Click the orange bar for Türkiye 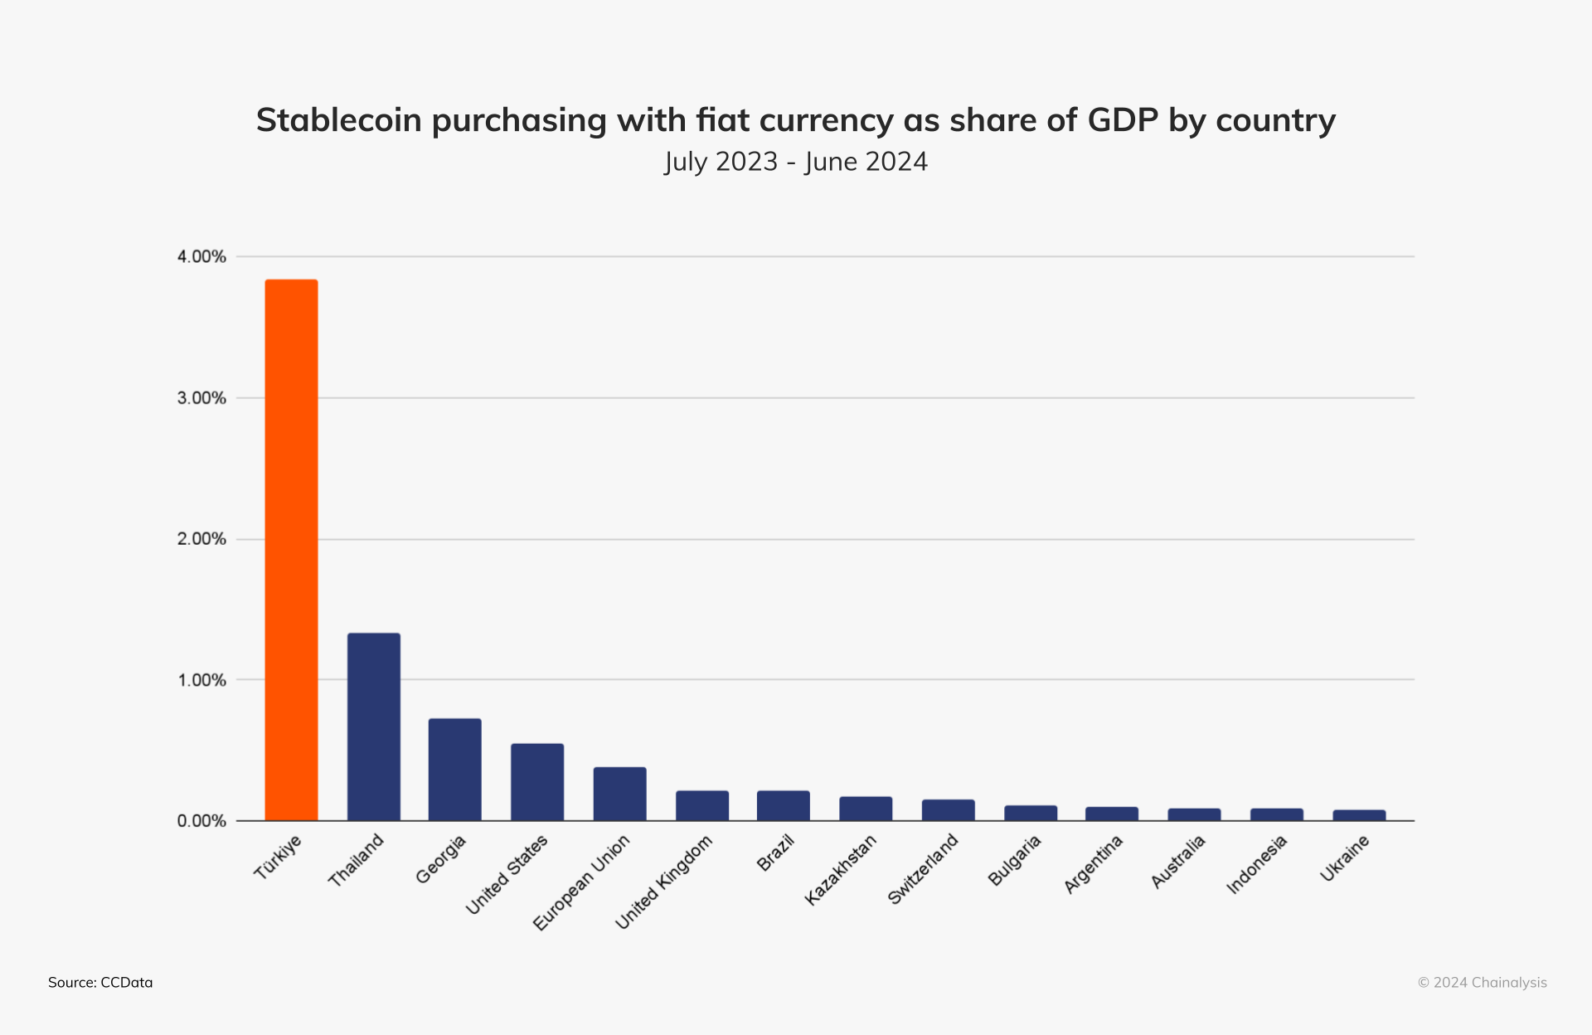coord(291,550)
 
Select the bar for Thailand coord(373,726)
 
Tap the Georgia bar coord(454,770)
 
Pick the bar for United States coord(536,782)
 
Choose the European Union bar coord(619,794)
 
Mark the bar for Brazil coord(783,805)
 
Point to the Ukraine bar coord(1359,815)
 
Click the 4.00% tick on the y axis coord(201,257)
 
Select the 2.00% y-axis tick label coord(201,539)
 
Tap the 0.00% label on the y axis coord(201,821)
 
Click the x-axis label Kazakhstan coord(841,869)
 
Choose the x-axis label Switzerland coord(923,869)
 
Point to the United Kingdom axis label coord(664,882)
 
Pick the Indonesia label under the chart coord(1257,864)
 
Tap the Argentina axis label coord(1094,864)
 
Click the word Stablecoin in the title coord(338,120)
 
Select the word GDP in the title coord(1122,120)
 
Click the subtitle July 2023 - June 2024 coord(796,162)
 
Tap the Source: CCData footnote coord(100,983)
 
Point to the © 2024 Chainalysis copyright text coord(1482,983)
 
